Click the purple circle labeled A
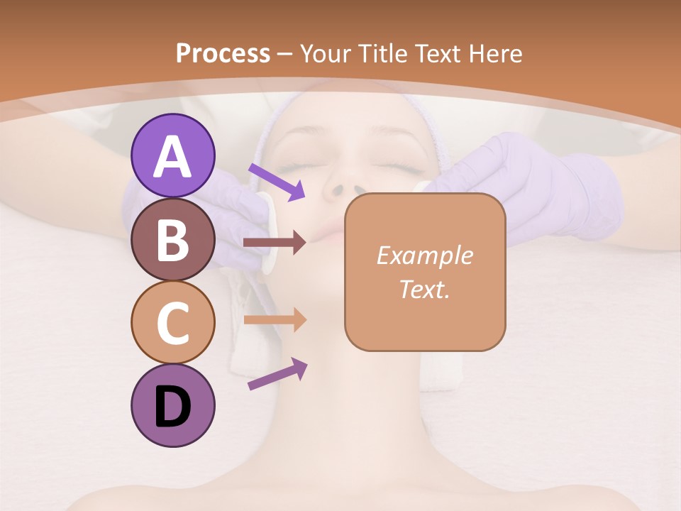(x=172, y=155)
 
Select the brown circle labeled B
(x=172, y=239)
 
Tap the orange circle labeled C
(x=172, y=322)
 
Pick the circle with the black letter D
(x=172, y=406)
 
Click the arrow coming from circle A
(x=277, y=182)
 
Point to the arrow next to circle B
(x=275, y=243)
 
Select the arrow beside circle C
(x=275, y=319)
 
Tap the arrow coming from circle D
(x=277, y=374)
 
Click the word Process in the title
(x=223, y=54)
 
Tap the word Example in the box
(x=424, y=255)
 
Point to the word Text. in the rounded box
(x=424, y=289)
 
